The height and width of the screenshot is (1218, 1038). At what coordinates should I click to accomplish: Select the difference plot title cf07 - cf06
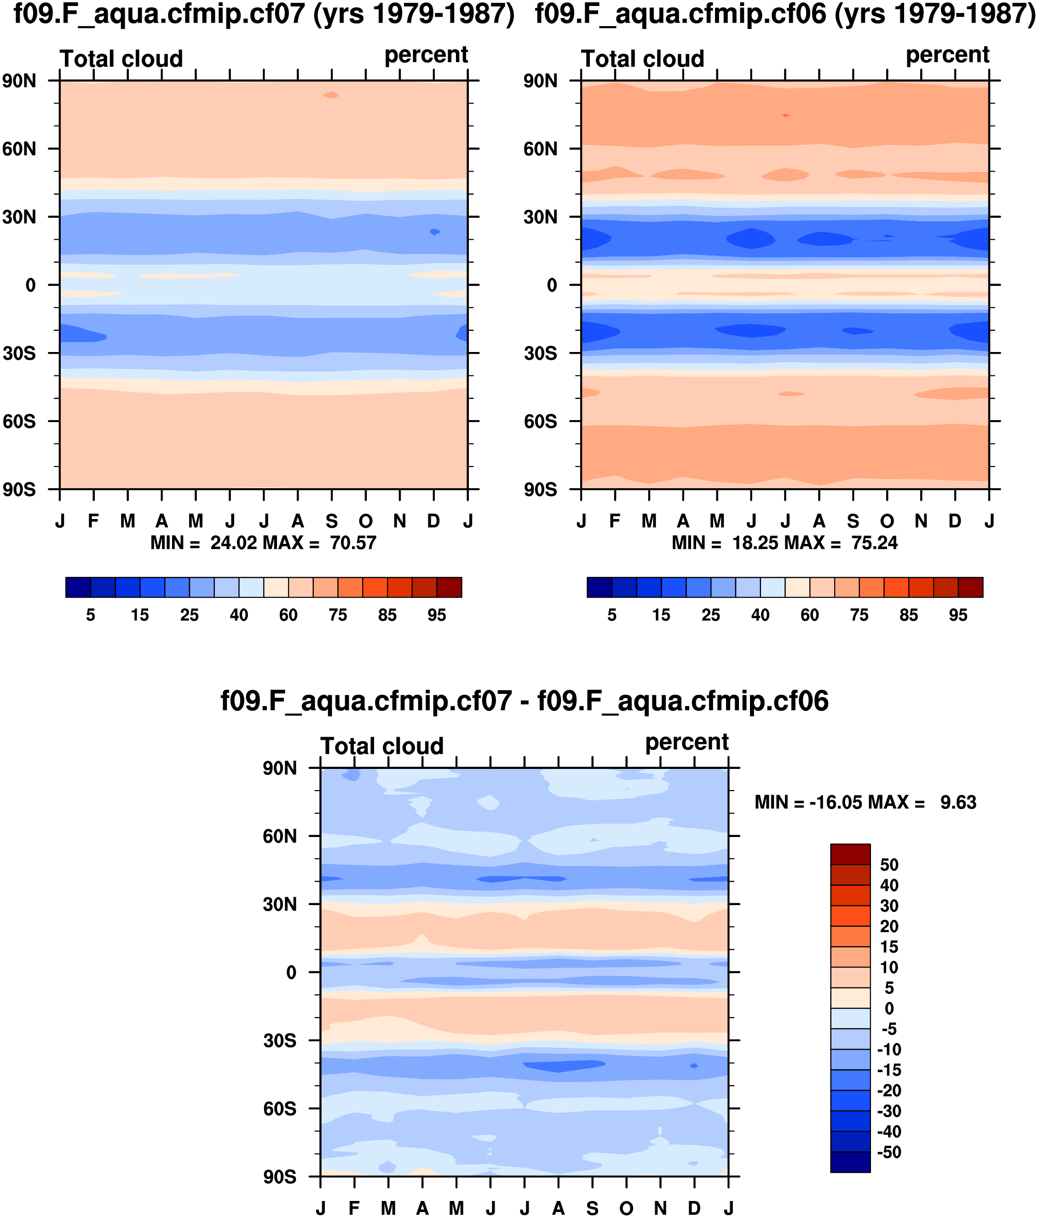[x=524, y=701]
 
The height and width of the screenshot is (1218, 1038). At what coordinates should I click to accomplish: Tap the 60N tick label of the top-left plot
[x=19, y=149]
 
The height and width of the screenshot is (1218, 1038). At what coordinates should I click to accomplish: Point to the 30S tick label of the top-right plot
[x=540, y=353]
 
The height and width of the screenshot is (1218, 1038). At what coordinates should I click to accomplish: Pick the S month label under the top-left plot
[x=332, y=521]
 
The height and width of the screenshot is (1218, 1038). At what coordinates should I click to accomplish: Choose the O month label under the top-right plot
[x=887, y=521]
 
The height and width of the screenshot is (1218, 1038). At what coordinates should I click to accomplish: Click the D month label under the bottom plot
[x=695, y=1208]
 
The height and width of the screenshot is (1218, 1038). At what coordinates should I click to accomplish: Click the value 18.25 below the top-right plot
[x=755, y=543]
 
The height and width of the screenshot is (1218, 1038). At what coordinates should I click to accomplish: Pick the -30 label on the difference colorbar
[x=889, y=1111]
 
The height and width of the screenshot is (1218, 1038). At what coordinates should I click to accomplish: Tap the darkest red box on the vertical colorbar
[x=850, y=854]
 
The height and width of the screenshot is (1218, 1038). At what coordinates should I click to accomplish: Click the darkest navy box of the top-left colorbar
[x=78, y=587]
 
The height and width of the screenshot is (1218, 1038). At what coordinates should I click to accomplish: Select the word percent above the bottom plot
[x=686, y=742]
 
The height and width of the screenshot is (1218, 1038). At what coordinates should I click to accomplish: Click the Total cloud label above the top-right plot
[x=642, y=59]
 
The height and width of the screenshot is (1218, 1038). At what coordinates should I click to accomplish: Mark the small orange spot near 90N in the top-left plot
[x=331, y=95]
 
